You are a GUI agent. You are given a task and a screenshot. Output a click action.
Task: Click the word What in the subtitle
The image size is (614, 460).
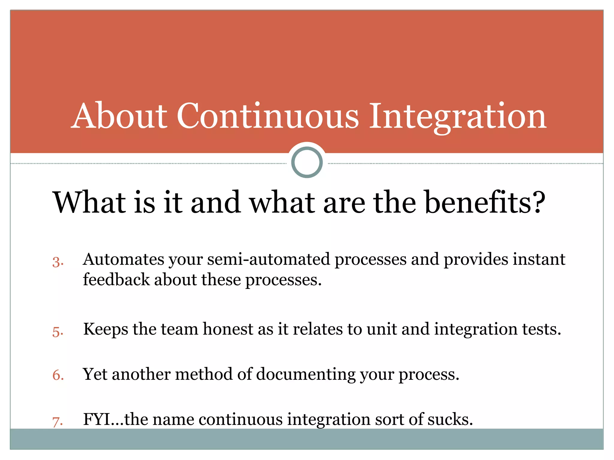(89, 203)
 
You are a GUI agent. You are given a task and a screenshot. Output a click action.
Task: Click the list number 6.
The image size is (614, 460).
(58, 375)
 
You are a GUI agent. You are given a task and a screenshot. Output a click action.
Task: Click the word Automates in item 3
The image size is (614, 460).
(123, 259)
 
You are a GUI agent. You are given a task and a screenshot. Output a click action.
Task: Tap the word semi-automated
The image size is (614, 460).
(269, 259)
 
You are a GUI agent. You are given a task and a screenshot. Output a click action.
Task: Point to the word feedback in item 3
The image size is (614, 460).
(116, 280)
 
